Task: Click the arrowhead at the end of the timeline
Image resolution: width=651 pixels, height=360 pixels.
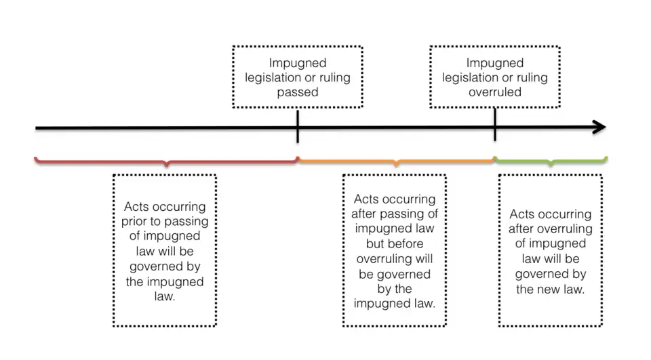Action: tap(599, 127)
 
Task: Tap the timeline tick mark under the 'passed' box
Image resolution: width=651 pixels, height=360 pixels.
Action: tap(298, 127)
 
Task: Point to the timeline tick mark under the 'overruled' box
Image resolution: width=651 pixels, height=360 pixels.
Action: tap(495, 127)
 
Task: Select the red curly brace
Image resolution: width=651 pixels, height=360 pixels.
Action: tap(166, 161)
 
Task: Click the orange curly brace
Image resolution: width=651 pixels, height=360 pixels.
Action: tap(397, 161)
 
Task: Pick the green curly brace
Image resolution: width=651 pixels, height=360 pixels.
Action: tap(551, 161)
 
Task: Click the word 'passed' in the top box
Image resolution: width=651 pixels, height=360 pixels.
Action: tap(298, 92)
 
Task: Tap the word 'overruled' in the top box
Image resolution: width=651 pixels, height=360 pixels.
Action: tap(495, 92)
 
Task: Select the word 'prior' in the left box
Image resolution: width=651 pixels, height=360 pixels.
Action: tap(137, 222)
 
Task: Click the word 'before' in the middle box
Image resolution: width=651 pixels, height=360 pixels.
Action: tap(413, 243)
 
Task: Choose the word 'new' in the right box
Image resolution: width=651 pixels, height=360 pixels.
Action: tap(550, 289)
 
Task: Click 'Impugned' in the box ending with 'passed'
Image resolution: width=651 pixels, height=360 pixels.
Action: tap(298, 62)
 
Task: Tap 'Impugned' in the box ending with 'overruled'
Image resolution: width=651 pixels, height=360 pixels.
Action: tap(495, 62)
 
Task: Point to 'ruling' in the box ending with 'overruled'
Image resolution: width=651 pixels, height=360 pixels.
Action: tap(531, 77)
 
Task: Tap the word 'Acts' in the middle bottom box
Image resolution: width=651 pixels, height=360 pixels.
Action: tap(367, 199)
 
